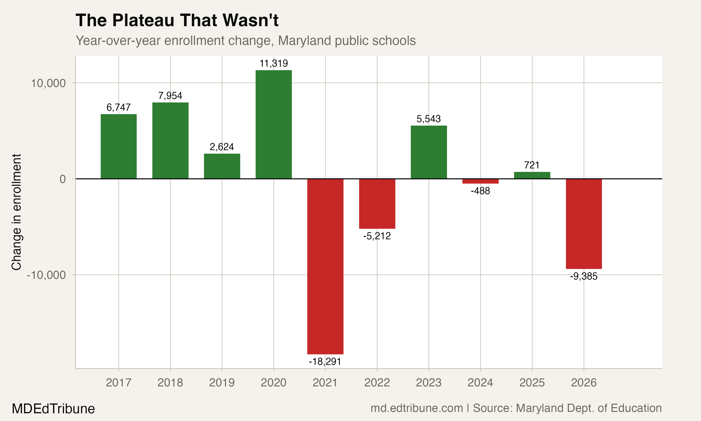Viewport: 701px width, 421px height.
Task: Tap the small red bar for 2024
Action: tap(480, 181)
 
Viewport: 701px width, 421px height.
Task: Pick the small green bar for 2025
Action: tap(532, 175)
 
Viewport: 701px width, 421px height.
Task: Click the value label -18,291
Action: tap(325, 362)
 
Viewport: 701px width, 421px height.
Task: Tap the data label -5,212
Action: tap(377, 236)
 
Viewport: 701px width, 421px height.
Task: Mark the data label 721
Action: tap(532, 165)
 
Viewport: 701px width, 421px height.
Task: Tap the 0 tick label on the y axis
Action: tap(63, 179)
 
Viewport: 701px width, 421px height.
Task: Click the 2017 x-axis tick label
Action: tap(118, 383)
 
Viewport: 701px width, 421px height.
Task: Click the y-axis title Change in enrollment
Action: tap(16, 212)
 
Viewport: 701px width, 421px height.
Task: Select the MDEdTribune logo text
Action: tap(53, 409)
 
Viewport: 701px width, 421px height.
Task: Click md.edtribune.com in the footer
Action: tap(417, 408)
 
